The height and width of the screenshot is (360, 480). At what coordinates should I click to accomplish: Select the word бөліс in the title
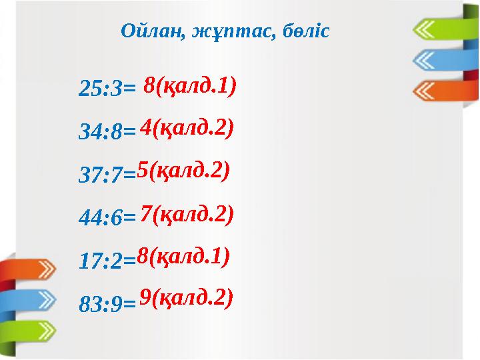pos(303,31)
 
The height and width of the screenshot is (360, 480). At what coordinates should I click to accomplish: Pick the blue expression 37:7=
pos(107,175)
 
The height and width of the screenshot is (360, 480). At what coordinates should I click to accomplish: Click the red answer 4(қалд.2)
pos(187,128)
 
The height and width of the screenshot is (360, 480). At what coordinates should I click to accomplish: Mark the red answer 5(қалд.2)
pos(183,171)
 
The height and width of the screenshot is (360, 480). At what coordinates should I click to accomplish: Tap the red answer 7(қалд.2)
pos(187,214)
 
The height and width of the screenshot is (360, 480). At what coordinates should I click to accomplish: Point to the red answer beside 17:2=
pos(183,255)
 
